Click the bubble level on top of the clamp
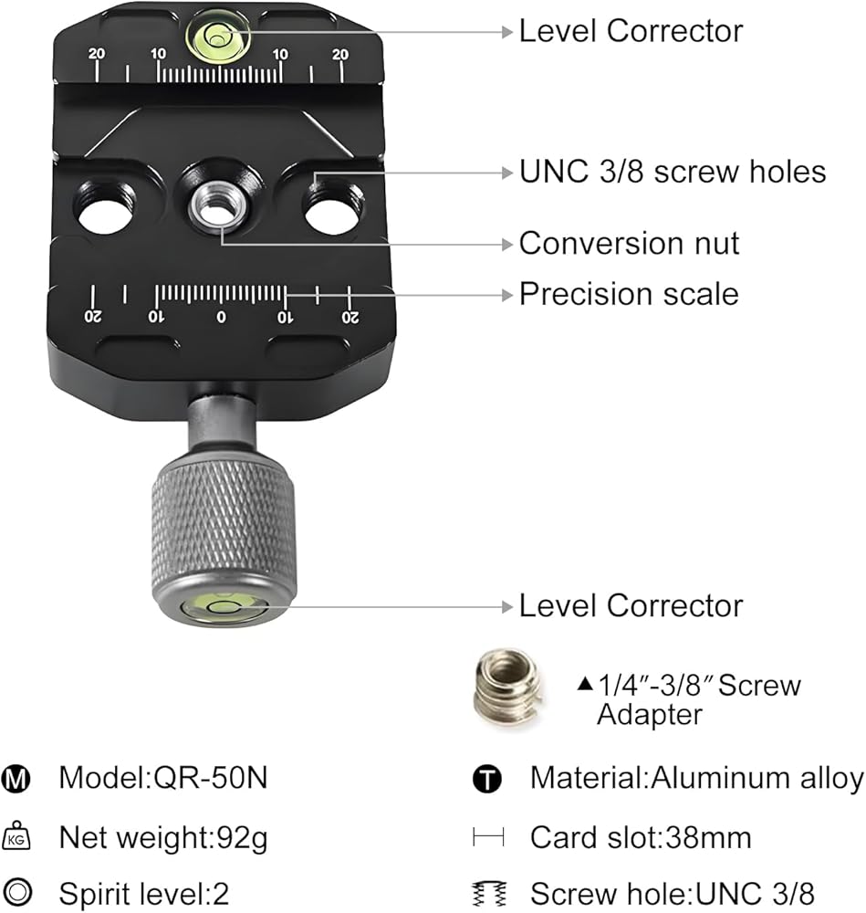click(218, 37)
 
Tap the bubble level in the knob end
click(224, 607)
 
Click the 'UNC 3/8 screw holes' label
click(673, 172)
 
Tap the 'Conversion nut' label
click(629, 243)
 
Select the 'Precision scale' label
click(629, 293)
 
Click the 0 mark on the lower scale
click(221, 318)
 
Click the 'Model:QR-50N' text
click(163, 777)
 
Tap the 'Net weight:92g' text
click(163, 838)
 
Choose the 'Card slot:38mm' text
click(641, 837)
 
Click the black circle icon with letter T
click(487, 779)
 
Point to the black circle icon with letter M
click(16, 779)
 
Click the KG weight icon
click(16, 836)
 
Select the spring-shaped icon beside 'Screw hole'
click(489, 894)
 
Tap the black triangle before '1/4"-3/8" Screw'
click(585, 683)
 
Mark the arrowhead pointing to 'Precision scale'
click(506, 295)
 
